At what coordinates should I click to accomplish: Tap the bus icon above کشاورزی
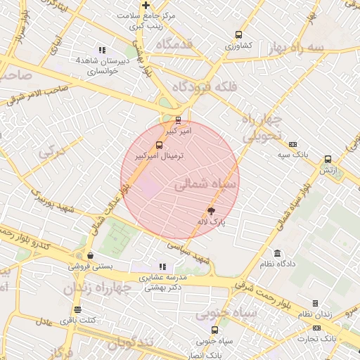click(x=238, y=34)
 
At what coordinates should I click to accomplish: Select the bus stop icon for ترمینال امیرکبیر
click(x=159, y=146)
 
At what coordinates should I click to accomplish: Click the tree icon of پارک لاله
click(x=212, y=210)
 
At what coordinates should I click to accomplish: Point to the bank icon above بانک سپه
click(x=292, y=143)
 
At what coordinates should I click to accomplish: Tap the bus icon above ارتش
click(x=328, y=160)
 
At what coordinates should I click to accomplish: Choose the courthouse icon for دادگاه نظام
click(x=277, y=253)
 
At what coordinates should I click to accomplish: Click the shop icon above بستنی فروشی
click(x=90, y=256)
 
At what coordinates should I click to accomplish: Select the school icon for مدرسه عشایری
click(x=162, y=266)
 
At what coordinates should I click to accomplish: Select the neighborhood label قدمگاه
click(x=179, y=45)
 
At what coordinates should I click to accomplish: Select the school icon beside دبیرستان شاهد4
click(x=103, y=50)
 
